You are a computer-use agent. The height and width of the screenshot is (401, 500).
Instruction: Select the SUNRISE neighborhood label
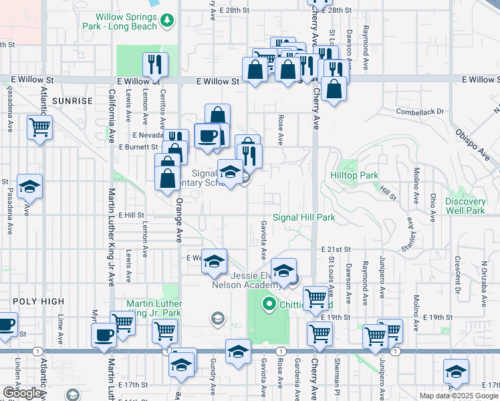pos(72,101)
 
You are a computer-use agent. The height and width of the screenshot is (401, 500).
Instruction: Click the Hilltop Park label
pos(354,175)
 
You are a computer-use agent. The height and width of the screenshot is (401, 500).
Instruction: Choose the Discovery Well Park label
pos(465,206)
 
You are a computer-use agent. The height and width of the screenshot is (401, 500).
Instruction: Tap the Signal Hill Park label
pos(304,217)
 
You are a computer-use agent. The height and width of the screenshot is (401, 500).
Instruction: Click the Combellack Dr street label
pos(420,112)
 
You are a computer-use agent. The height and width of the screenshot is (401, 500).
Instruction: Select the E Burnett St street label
pos(138,146)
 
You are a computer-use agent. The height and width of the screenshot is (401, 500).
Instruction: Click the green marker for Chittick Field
pos(270,305)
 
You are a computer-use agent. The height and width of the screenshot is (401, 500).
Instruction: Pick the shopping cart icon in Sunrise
pos(40,126)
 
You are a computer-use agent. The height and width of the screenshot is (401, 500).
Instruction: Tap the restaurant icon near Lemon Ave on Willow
pos(155,65)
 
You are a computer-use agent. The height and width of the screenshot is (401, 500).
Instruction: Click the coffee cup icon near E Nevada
pos(207,136)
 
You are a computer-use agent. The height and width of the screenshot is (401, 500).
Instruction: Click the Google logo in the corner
pos(22,393)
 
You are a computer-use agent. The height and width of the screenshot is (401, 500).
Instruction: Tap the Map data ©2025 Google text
pos(459,396)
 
